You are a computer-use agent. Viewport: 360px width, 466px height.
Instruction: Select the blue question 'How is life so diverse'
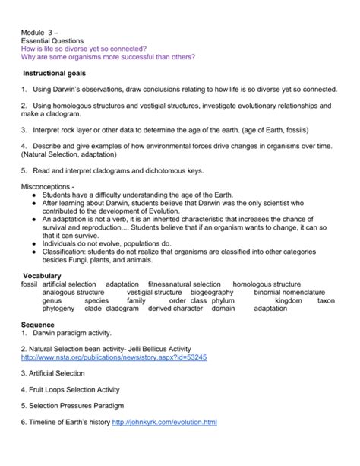pyautogui.click(x=84, y=47)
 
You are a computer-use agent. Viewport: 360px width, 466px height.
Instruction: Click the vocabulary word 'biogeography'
pyautogui.click(x=212, y=292)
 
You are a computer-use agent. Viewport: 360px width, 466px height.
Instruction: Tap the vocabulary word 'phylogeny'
pyautogui.click(x=58, y=309)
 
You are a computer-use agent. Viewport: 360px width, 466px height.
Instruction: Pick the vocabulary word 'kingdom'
pyautogui.click(x=288, y=300)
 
